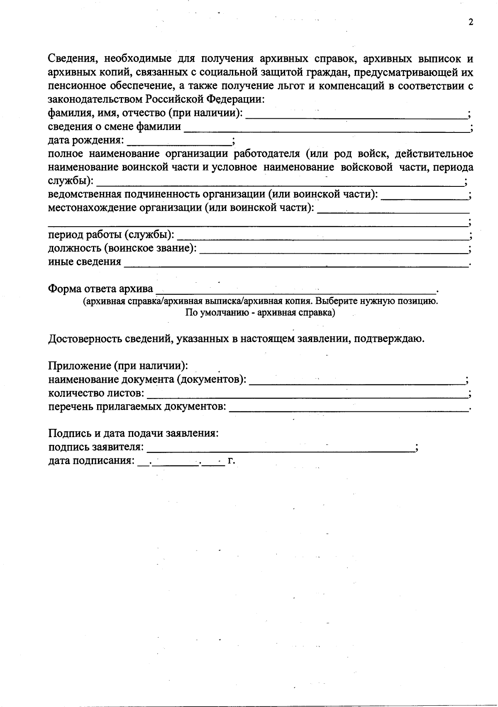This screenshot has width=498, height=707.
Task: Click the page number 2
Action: (x=471, y=22)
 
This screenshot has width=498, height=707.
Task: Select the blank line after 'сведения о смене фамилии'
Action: (x=326, y=127)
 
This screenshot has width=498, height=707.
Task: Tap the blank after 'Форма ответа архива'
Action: (x=295, y=289)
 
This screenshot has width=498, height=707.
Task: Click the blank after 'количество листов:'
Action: (x=307, y=394)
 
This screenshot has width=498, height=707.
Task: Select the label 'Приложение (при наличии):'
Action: (x=119, y=366)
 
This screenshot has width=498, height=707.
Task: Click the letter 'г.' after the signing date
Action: (x=232, y=461)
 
